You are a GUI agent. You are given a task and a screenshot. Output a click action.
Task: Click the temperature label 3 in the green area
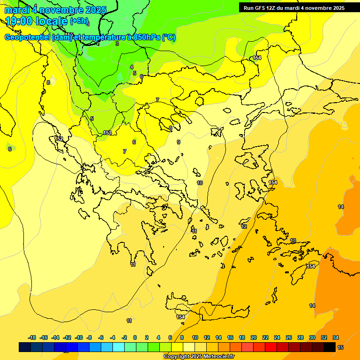[117, 44]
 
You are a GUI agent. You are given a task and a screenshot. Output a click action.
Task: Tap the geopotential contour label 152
[59, 139]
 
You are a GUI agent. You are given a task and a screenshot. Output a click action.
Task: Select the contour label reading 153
[107, 133]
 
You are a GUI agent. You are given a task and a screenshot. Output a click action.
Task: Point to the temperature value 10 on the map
[200, 183]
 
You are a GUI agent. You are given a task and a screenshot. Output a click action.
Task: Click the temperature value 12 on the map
[244, 226]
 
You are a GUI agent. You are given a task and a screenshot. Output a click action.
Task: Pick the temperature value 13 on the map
[293, 240]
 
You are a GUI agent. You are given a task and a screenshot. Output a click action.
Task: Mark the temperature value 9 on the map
[179, 142]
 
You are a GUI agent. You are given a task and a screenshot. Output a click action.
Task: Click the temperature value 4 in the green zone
[132, 67]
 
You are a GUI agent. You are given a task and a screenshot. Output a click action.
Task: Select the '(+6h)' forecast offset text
[79, 21]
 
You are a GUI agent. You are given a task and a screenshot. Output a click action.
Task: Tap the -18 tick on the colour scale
[32, 337]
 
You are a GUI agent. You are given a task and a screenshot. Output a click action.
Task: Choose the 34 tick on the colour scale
[336, 337]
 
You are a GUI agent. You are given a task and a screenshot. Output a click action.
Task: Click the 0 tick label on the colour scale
[135, 337]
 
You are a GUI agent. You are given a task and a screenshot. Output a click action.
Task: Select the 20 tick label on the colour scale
[254, 337]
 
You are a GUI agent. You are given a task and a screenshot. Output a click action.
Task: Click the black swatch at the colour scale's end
[330, 347]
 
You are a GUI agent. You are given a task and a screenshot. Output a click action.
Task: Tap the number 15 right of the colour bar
[340, 347]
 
